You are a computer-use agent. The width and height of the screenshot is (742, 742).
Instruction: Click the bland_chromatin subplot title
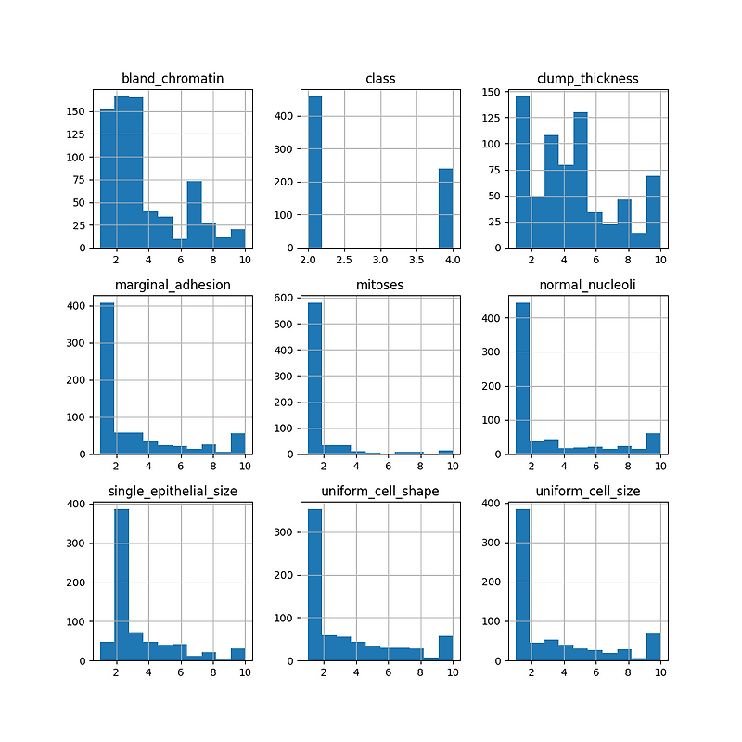pos(173,78)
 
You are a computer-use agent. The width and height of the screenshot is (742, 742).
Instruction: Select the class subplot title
pos(381,78)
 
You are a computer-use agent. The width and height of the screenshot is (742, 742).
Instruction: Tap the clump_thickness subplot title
pos(589,78)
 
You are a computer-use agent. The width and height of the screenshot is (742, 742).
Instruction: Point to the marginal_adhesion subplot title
pos(173,284)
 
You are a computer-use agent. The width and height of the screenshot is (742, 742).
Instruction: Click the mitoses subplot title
pos(381,284)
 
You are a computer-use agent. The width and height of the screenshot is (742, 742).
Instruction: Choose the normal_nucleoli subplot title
pos(589,284)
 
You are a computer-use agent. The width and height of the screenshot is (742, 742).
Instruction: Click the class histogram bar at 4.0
pos(446,209)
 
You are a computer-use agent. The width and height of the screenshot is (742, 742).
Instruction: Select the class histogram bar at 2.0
pos(315,173)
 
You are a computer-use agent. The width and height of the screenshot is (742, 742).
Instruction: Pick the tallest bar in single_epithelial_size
pos(122,584)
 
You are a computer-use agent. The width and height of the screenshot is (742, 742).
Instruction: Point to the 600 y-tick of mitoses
pos(288,297)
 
